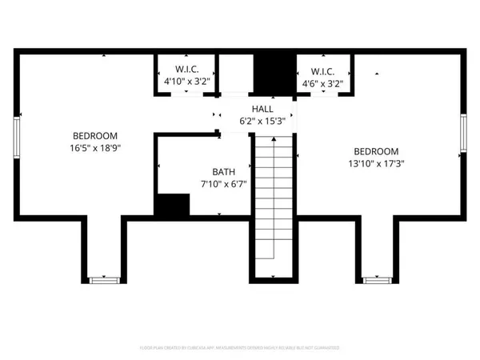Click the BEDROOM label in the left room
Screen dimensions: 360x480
95,135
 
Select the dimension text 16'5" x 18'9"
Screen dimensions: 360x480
95,147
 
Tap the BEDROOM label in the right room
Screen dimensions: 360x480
376,152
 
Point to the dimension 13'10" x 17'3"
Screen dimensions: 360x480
376,164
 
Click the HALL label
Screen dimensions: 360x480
262,109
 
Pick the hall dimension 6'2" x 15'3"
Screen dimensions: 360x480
262,120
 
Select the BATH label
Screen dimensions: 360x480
223,171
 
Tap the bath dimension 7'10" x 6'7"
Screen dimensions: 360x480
223,183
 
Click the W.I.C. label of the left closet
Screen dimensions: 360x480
186,70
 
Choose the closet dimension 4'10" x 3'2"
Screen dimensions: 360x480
186,82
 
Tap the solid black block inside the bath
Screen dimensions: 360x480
171,206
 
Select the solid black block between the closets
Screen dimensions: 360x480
274,74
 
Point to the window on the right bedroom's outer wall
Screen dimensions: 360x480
463,134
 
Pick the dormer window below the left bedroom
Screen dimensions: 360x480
104,279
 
